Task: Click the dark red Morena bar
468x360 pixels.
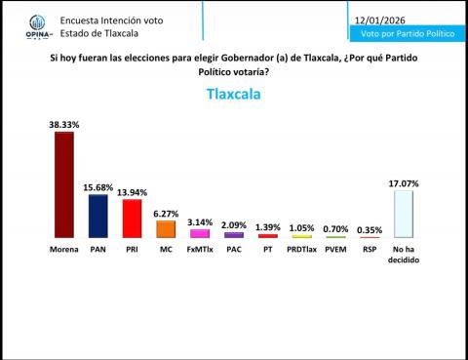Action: tap(63, 184)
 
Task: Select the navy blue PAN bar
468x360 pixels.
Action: tap(97, 216)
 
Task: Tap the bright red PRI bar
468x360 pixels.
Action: tap(132, 219)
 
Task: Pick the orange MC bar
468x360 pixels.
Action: tap(165, 229)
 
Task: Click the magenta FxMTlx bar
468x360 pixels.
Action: tap(199, 234)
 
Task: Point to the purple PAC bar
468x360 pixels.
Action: tap(234, 235)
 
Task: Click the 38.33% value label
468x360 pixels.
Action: tap(63, 124)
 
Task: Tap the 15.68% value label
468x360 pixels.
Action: tap(97, 186)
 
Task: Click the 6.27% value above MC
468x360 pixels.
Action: tap(165, 213)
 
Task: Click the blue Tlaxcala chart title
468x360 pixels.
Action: tap(234, 95)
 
